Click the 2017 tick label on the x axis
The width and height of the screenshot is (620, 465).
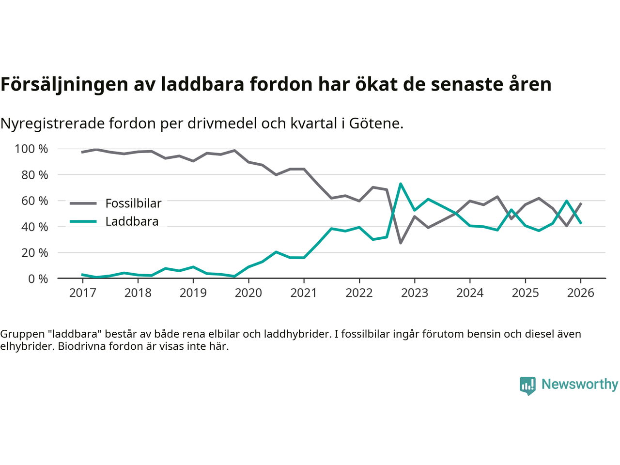click(x=82, y=293)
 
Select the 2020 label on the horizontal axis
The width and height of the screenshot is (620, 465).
click(x=248, y=293)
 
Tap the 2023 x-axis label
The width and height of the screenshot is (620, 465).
click(x=415, y=293)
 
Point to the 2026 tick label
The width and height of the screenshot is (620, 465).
click(x=581, y=293)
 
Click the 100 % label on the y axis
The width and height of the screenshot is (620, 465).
click(x=31, y=149)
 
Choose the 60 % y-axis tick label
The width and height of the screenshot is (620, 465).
click(x=34, y=201)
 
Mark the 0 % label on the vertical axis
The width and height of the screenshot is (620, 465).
click(x=37, y=279)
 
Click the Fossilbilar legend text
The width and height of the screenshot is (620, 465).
click(x=133, y=203)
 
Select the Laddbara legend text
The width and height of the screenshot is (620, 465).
click(x=132, y=222)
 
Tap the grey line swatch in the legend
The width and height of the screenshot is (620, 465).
click(x=83, y=203)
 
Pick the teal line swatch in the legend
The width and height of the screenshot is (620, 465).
click(x=83, y=222)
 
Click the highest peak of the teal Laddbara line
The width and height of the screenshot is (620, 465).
click(x=401, y=184)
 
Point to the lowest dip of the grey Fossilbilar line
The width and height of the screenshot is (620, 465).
click(x=401, y=243)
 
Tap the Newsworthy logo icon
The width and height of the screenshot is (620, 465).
click(x=527, y=386)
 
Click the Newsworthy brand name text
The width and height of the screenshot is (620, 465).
click(x=580, y=385)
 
